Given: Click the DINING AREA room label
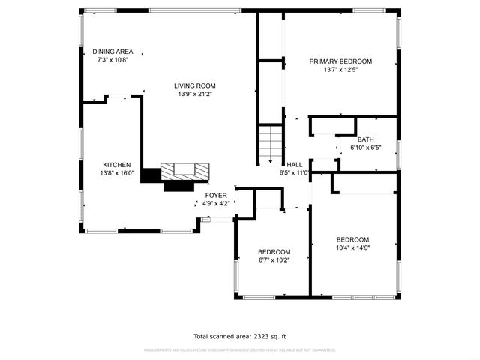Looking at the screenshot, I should [113, 52].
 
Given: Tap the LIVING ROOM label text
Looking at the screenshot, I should [195, 86].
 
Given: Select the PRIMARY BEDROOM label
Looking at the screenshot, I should [341, 61].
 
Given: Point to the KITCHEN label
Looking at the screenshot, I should [117, 165].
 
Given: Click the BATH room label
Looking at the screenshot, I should [365, 139].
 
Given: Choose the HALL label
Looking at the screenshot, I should [294, 165].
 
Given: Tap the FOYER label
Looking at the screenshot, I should [217, 195].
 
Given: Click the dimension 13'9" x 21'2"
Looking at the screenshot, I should [195, 94].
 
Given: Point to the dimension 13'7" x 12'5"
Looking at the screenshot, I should [341, 70].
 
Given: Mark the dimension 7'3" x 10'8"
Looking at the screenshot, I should [113, 60].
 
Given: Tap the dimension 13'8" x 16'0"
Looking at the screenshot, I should [118, 173].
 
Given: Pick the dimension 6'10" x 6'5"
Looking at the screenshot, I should [366, 148].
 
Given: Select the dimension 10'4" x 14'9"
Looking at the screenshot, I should [352, 247].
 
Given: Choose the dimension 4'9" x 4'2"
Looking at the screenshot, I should [217, 203].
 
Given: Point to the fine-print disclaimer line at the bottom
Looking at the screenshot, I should [240, 349].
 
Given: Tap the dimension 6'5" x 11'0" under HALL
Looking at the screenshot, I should [294, 173].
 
